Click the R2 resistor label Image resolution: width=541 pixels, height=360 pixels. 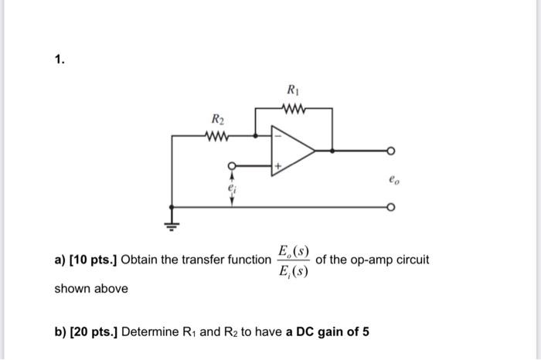point(219,119)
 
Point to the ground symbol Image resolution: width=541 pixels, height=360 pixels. point(171,225)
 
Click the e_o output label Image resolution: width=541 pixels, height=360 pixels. point(395,181)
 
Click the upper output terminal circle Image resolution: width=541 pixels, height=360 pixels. point(391,151)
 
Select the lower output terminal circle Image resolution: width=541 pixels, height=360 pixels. point(391,207)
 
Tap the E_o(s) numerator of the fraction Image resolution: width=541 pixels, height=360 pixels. point(294,251)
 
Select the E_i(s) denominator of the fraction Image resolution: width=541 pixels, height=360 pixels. point(294,270)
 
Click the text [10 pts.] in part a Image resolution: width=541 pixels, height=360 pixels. point(94,260)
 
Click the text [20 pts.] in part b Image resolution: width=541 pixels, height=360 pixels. point(94,332)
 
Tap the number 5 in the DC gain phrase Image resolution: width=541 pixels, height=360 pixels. point(366,332)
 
